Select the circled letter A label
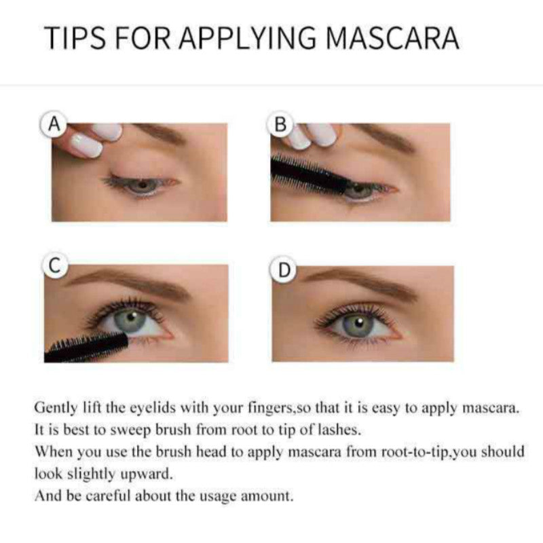54,125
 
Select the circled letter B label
281,125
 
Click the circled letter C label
55,266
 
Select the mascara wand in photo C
85,346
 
